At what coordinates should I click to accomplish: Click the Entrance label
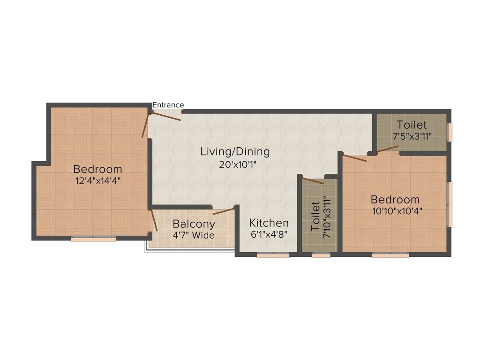click(168, 105)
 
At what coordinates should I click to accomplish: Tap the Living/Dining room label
click(235, 152)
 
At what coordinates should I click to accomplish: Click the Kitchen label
click(269, 223)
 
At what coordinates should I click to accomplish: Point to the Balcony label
click(194, 224)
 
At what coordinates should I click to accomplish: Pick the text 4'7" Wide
click(194, 235)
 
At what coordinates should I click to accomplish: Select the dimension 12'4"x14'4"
click(97, 181)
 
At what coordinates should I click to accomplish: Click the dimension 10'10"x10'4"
click(397, 211)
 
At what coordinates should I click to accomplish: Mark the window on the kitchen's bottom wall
click(273, 255)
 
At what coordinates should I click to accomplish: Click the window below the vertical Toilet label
click(321, 255)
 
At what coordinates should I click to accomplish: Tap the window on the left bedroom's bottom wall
click(93, 239)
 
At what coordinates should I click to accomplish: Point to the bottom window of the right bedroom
click(390, 255)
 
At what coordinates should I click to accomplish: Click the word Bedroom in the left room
click(97, 169)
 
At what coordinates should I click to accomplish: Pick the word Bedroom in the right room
click(395, 199)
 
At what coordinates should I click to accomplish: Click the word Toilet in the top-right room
click(412, 125)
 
